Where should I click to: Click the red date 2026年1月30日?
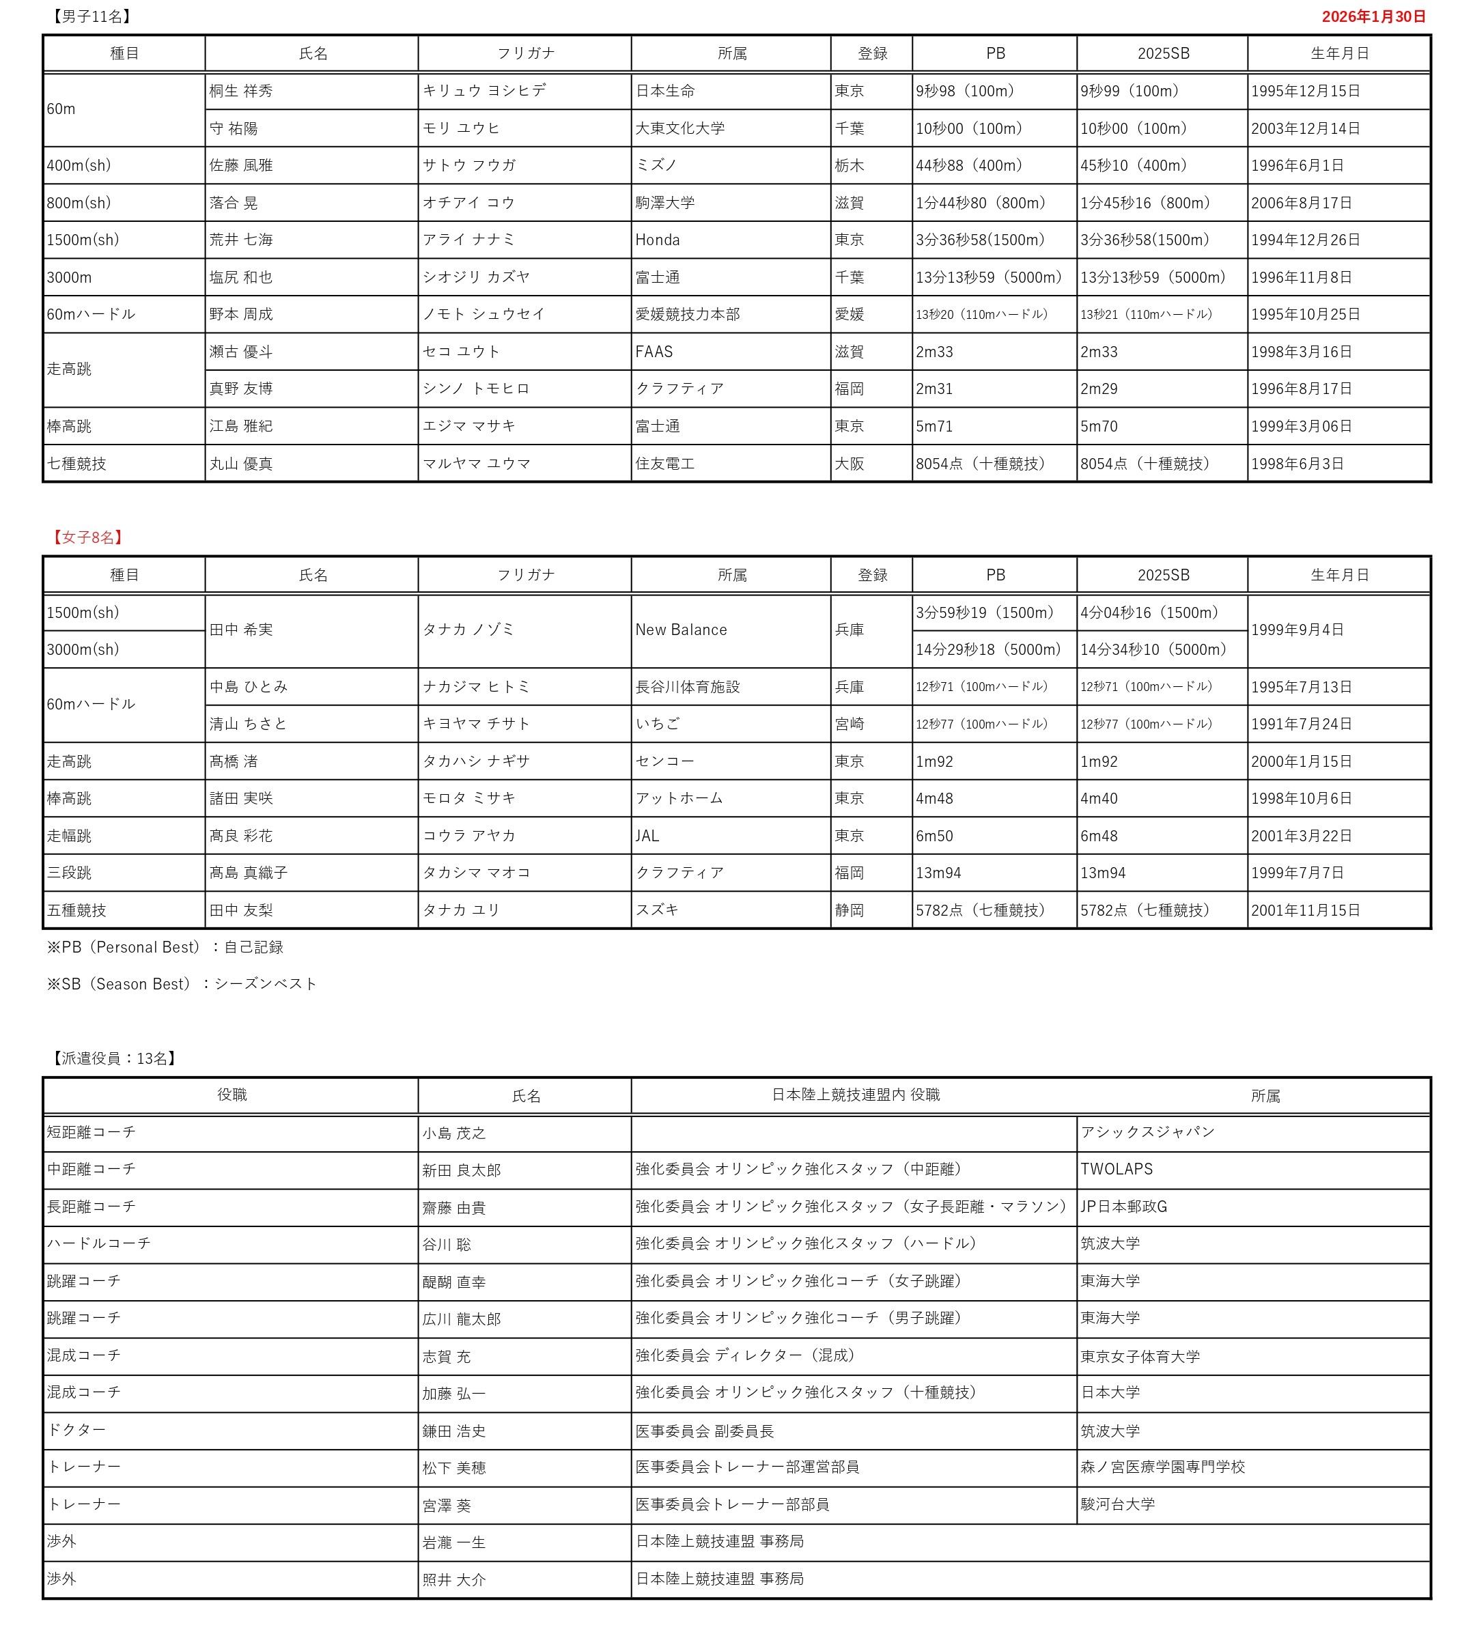[x=1373, y=17]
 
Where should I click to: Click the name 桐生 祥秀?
[x=241, y=91]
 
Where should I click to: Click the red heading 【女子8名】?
[x=87, y=537]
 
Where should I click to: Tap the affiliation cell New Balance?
[x=681, y=630]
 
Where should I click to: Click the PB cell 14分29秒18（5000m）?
[x=988, y=650]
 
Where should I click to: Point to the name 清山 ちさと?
[x=249, y=724]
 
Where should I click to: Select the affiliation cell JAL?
[x=647, y=836]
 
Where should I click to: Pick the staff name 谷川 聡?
[x=446, y=1245]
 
